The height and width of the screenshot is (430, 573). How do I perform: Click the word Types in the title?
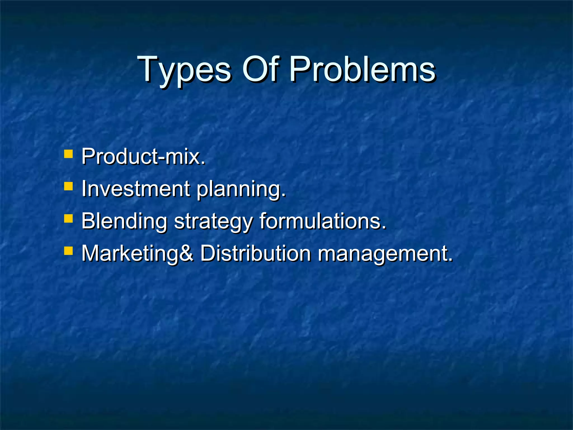point(185,70)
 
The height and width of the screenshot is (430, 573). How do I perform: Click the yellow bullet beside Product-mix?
point(68,154)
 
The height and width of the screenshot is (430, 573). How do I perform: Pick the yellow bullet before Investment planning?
point(68,186)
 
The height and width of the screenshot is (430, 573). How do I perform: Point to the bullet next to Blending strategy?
point(68,218)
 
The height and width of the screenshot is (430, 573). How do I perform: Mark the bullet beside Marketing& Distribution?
point(68,251)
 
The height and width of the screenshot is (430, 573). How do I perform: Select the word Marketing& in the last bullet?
point(137,254)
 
